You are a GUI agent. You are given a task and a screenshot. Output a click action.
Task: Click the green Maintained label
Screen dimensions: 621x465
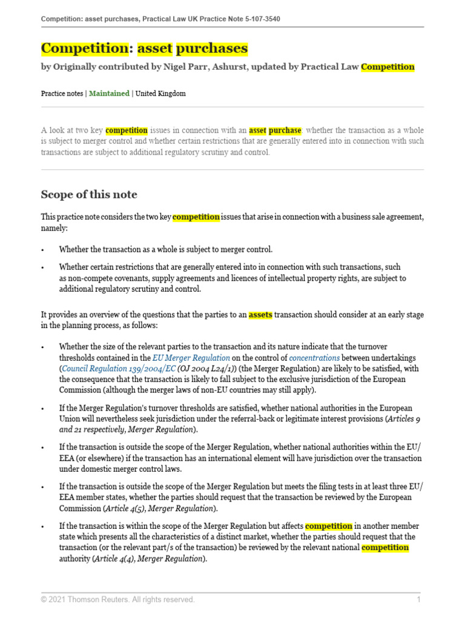(110, 93)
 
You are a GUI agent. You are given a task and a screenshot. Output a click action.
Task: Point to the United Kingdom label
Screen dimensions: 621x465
(160, 93)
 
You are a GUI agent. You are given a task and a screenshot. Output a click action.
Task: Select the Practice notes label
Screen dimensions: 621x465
(62, 93)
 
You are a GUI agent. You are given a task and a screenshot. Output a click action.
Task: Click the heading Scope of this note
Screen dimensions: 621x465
(89, 195)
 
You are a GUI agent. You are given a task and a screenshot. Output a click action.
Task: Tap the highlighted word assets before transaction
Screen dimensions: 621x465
(260, 315)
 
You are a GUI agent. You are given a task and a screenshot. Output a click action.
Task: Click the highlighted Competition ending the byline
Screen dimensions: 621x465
(387, 67)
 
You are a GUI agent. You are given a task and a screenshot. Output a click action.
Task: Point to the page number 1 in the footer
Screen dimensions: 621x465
(418, 600)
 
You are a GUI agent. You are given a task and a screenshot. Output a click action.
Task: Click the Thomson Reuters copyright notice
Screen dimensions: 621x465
(118, 600)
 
